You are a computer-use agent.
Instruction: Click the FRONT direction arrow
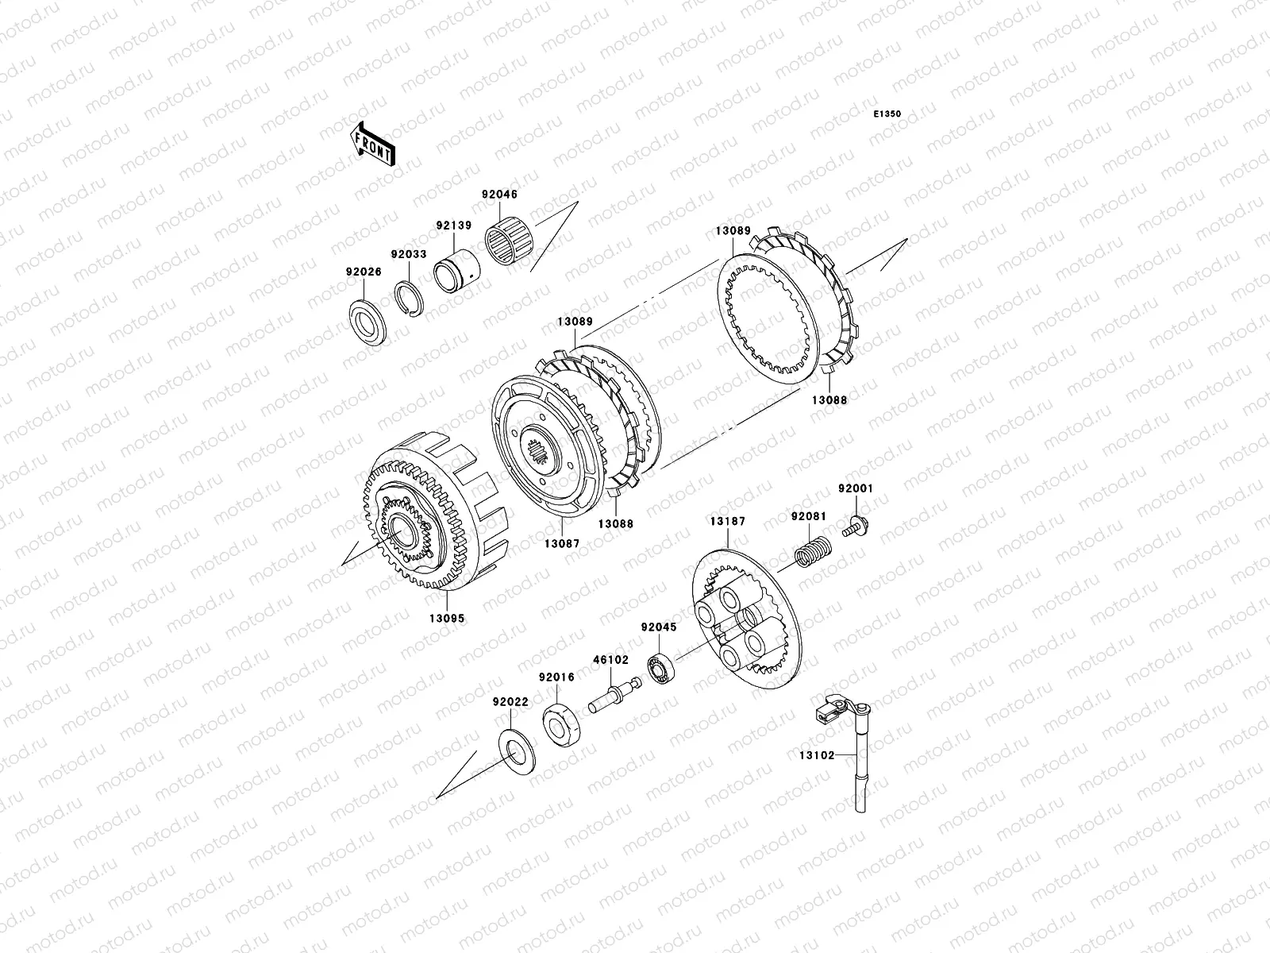[372, 145]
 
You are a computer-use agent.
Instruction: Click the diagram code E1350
[887, 114]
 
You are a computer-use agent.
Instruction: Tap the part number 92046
[499, 195]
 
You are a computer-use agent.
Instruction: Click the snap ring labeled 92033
[409, 299]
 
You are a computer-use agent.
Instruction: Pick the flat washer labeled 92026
[368, 323]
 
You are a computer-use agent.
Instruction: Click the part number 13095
[447, 619]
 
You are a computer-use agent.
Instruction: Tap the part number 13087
[562, 544]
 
